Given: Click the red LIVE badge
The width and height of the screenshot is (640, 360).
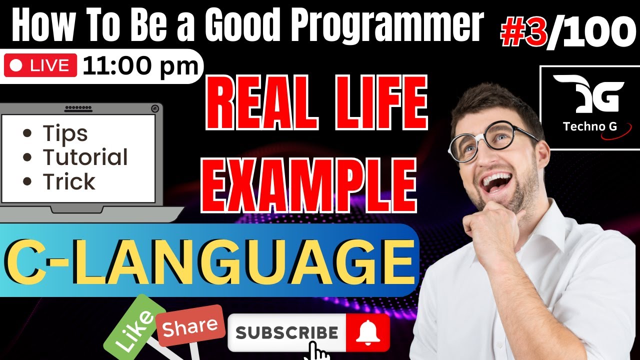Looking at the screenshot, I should click(x=40, y=66).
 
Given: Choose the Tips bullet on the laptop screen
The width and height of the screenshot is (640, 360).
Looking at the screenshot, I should click(x=65, y=133).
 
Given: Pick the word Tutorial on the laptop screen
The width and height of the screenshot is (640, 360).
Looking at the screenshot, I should click(x=85, y=157).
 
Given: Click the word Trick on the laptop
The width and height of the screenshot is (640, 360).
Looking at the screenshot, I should click(x=68, y=182).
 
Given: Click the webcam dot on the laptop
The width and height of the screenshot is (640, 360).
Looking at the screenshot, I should click(x=155, y=107).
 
